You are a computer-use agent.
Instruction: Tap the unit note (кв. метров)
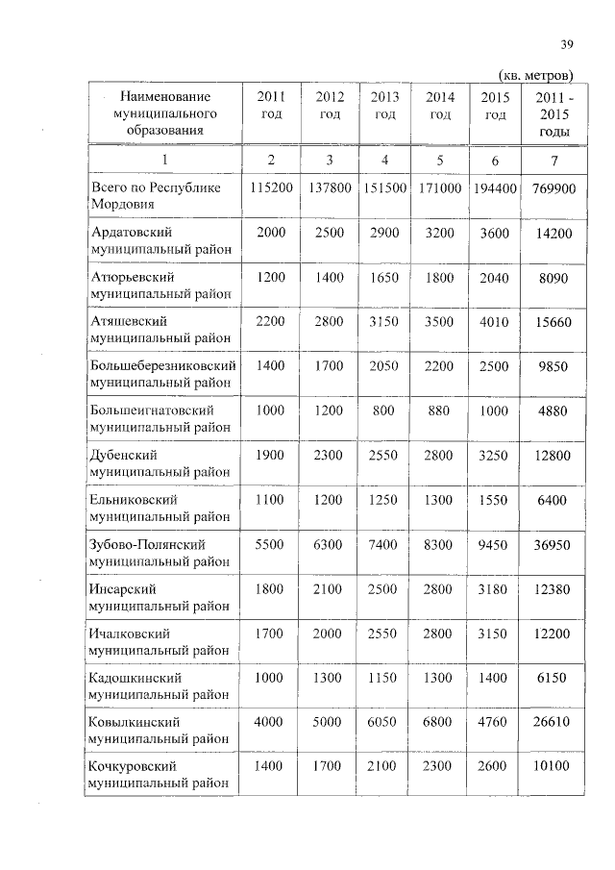(536, 75)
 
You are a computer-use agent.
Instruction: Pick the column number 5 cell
(440, 160)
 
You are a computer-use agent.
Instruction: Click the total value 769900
(553, 188)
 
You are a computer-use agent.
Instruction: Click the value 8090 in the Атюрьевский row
(553, 278)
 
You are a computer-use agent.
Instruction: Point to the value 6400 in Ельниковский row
(553, 500)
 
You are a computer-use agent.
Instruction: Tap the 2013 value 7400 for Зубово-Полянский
(384, 544)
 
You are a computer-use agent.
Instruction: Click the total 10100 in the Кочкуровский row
(553, 766)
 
